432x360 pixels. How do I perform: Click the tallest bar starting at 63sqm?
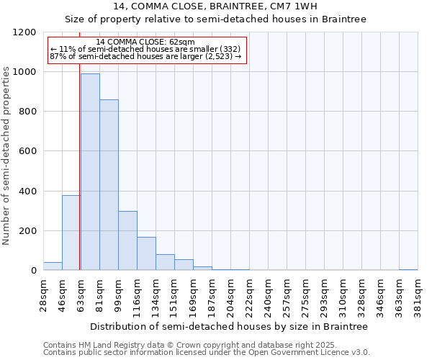(90, 173)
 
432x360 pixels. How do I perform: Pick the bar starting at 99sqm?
(127, 241)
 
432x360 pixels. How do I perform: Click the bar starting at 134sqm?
(165, 263)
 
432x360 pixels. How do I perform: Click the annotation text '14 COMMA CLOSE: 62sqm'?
(145, 42)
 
